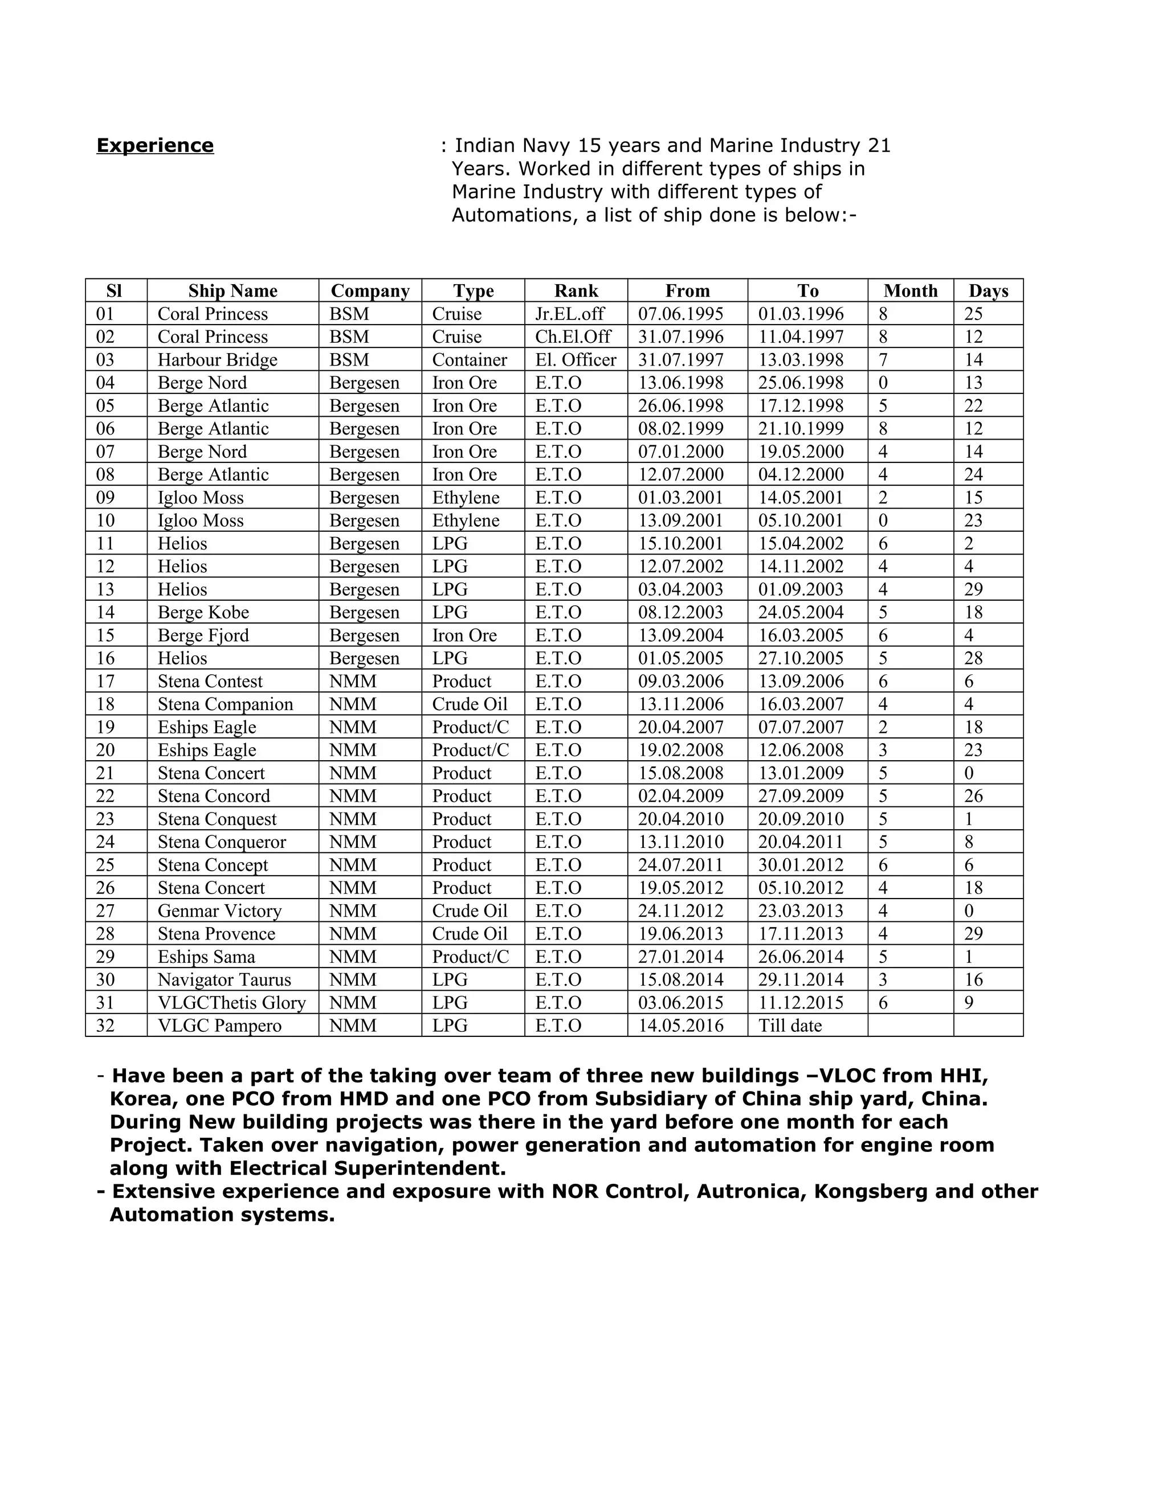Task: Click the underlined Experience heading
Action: coord(155,146)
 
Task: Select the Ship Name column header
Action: coord(232,291)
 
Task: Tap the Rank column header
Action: coord(576,291)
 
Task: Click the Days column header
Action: coord(988,291)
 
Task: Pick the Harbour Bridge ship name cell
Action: coord(217,360)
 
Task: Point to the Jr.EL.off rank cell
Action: coord(570,314)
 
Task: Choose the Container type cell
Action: coord(470,360)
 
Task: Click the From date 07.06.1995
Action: coord(680,314)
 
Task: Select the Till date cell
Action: coord(790,1026)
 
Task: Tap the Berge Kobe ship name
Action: coord(203,612)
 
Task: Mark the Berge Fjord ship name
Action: coord(203,635)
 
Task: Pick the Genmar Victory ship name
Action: coord(220,911)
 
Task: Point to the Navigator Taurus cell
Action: coord(224,980)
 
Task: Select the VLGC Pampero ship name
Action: coord(219,1026)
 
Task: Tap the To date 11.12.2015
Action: coord(801,1003)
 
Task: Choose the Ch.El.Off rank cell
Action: coord(573,337)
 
